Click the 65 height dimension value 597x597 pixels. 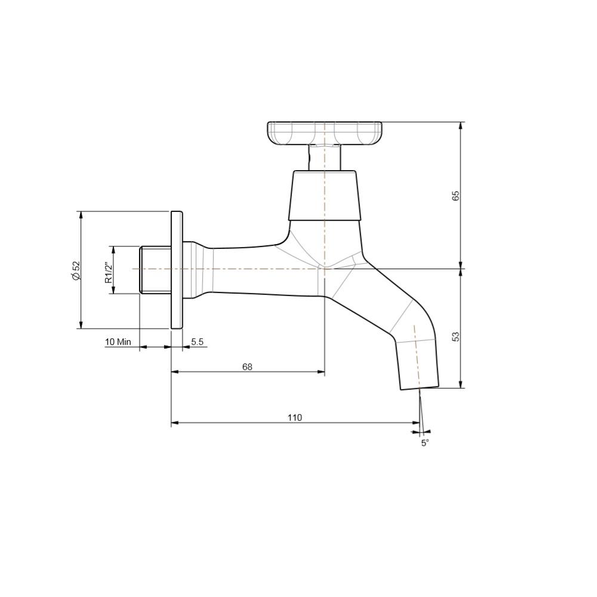(x=456, y=196)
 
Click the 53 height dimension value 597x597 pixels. (x=456, y=337)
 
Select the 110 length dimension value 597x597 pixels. (x=295, y=417)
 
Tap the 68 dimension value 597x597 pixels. (x=247, y=367)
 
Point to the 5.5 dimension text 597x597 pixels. (x=198, y=341)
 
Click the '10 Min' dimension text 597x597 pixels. (x=118, y=341)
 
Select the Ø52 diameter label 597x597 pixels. (x=76, y=270)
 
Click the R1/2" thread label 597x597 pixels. (x=109, y=272)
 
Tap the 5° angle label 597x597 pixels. (x=425, y=443)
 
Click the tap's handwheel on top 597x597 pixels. (x=324, y=133)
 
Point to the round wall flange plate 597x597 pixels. (x=177, y=269)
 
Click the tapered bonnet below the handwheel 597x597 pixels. (x=324, y=196)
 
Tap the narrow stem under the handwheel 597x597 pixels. (x=324, y=157)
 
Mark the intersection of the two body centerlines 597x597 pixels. (x=324, y=269)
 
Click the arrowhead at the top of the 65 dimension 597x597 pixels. (x=461, y=126)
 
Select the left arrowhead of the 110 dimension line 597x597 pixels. (x=175, y=423)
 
